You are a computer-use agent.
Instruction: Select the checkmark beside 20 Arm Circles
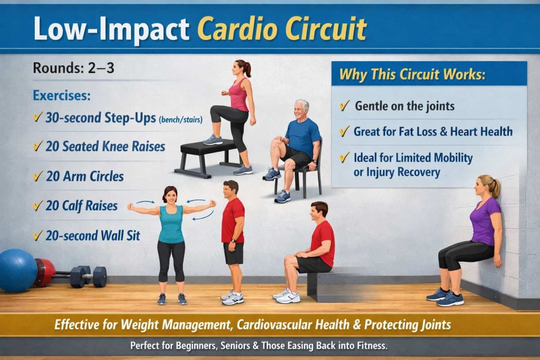(x=37, y=177)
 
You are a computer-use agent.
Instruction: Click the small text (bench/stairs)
(x=180, y=120)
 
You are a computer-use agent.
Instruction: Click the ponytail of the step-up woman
(x=247, y=69)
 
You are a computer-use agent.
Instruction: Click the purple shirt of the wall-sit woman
(x=486, y=221)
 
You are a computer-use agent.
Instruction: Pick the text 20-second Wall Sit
(x=93, y=235)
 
